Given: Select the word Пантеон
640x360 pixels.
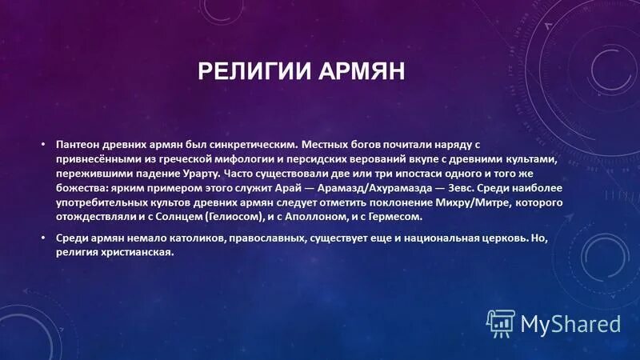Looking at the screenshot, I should (78, 145).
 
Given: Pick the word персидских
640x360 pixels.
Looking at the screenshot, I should (309, 159).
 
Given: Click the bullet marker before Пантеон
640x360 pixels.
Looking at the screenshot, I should (44, 145).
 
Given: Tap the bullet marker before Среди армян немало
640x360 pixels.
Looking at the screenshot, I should (44, 238).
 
